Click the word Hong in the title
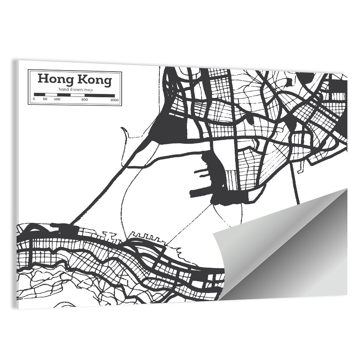click(x=51, y=79)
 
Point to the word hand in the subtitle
click(x=63, y=89)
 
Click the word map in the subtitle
click(x=87, y=89)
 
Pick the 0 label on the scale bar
click(x=34, y=99)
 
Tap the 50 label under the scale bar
click(x=45, y=99)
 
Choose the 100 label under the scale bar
click(x=57, y=99)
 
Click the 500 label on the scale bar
click(x=85, y=99)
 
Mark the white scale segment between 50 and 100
click(x=51, y=95)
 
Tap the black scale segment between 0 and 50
click(x=40, y=95)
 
